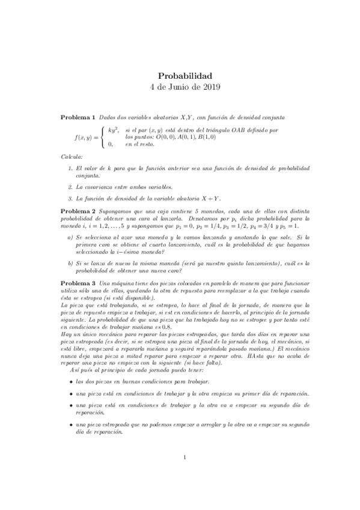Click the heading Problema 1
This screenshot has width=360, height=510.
click(79, 116)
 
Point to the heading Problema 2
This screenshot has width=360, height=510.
click(79, 212)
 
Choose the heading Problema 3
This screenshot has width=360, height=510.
click(79, 283)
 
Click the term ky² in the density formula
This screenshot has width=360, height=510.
click(112, 130)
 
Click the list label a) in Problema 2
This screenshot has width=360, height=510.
click(71, 238)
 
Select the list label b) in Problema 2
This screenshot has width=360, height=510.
click(71, 263)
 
